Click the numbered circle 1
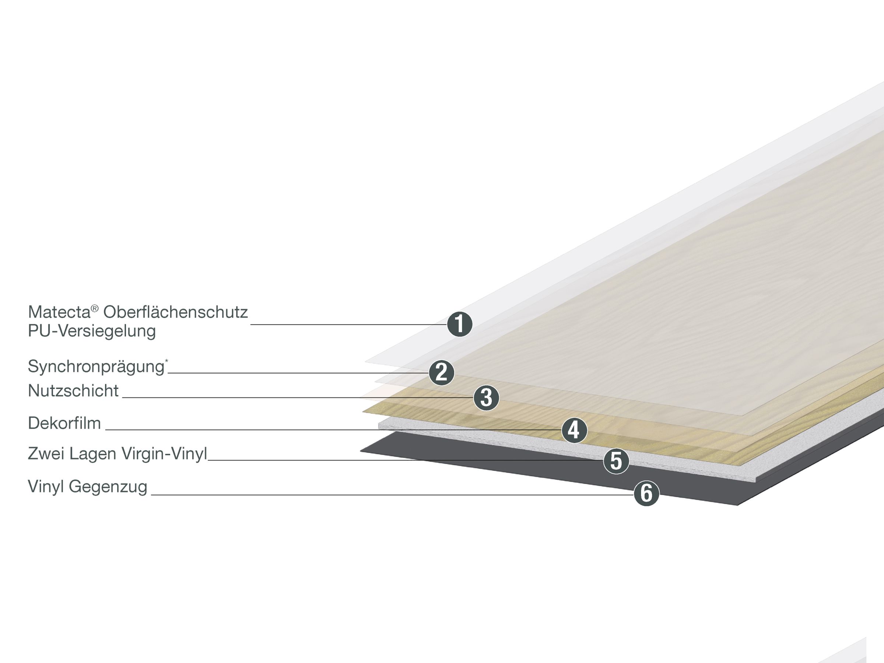(x=460, y=324)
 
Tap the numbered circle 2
(x=441, y=373)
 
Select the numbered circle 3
(x=486, y=398)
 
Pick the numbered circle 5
(x=616, y=461)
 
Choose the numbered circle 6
(x=646, y=493)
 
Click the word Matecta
(x=59, y=312)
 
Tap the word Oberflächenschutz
(x=175, y=312)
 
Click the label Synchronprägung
(x=96, y=366)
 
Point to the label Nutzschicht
(x=73, y=391)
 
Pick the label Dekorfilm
(x=64, y=423)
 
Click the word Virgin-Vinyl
(x=164, y=453)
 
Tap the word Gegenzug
(x=108, y=487)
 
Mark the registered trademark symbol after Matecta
(x=95, y=308)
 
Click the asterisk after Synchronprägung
(x=166, y=361)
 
